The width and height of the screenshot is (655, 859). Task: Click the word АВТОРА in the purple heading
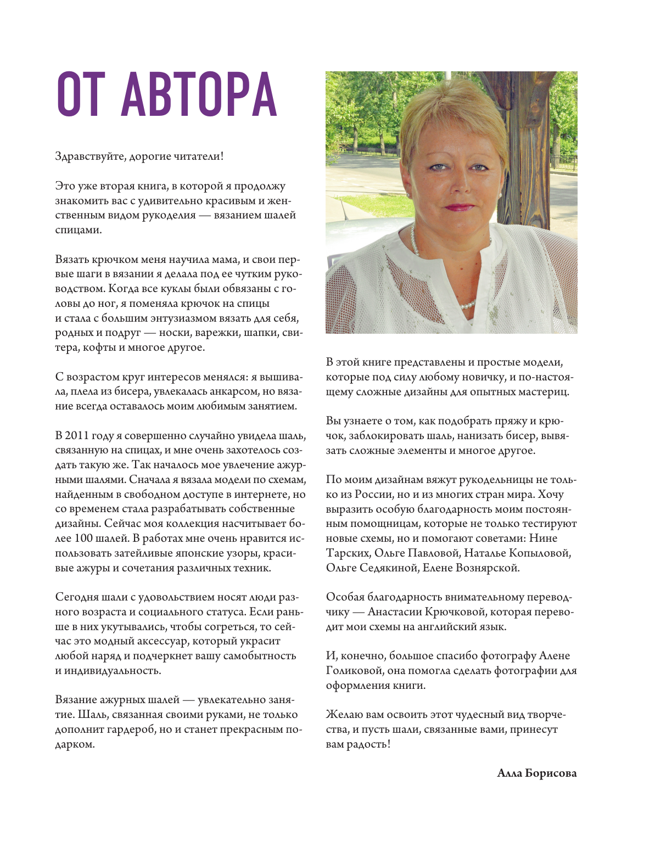point(199,94)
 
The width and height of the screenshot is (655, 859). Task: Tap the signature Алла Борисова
point(536,773)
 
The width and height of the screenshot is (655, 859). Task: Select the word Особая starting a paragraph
point(344,597)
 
